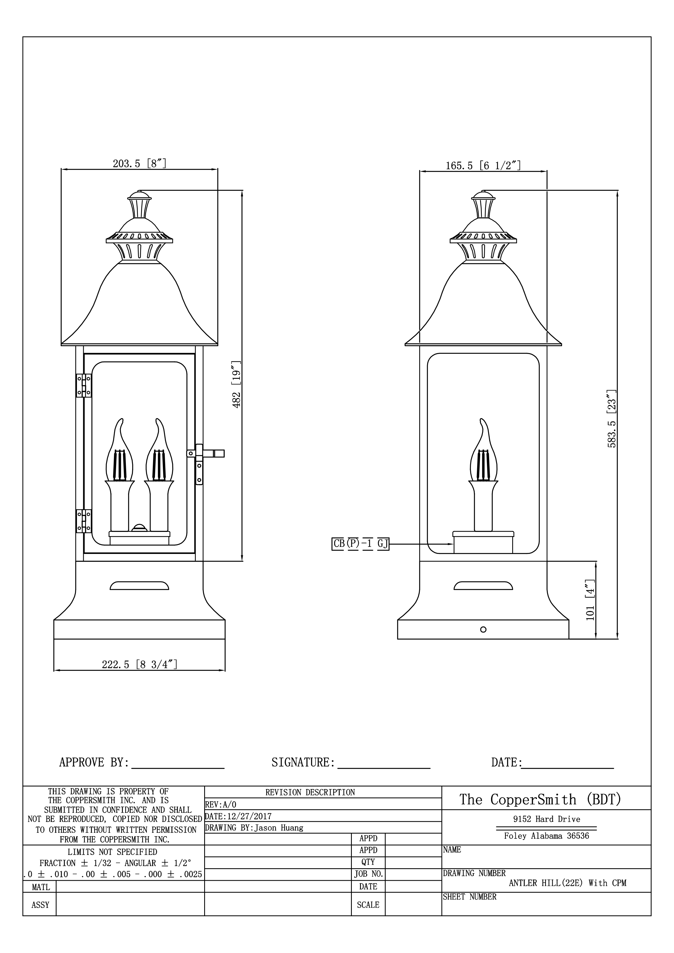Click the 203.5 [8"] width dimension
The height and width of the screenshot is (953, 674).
(x=139, y=164)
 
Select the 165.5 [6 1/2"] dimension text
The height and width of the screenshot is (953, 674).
(x=483, y=166)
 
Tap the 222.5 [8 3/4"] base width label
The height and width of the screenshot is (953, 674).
(x=139, y=664)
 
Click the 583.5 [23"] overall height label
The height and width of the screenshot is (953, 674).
(x=612, y=418)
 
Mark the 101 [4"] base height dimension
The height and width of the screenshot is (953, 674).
(x=591, y=600)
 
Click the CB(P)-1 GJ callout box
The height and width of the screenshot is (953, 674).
(x=360, y=544)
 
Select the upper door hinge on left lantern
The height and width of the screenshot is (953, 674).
(x=83, y=385)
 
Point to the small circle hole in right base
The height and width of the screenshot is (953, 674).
(x=483, y=630)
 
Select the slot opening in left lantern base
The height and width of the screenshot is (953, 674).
(x=139, y=586)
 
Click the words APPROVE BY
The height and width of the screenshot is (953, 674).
(x=94, y=763)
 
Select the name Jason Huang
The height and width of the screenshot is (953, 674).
(x=279, y=828)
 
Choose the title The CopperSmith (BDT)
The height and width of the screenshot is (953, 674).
(x=540, y=800)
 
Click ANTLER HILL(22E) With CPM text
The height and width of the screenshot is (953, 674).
(x=567, y=883)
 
